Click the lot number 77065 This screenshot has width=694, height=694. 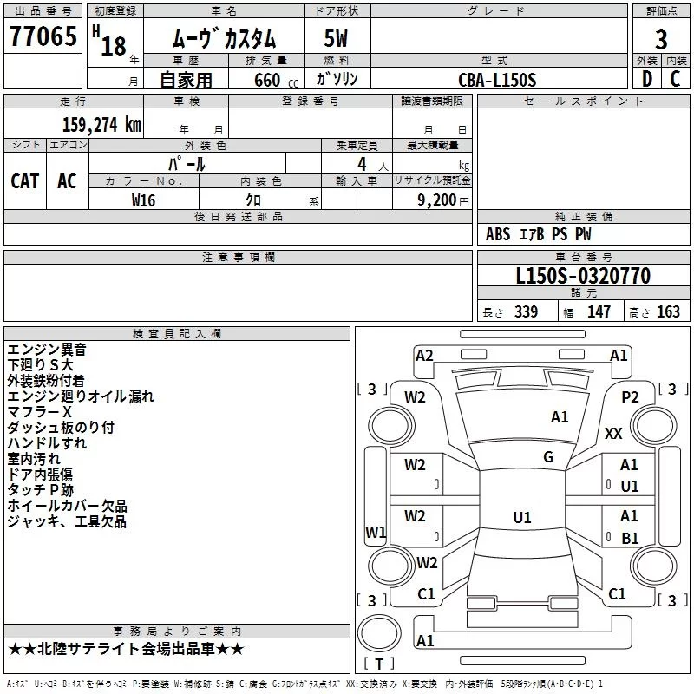coord(43,36)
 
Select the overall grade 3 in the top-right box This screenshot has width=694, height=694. coord(661,40)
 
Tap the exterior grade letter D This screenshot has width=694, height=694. coord(647,79)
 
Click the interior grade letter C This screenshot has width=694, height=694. coord(675,79)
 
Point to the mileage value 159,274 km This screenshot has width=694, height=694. coord(101,125)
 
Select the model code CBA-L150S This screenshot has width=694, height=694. coord(497,80)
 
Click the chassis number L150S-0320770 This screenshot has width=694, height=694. coord(583,276)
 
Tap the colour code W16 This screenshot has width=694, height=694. coord(143,200)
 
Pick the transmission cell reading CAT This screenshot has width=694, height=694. coord(25,181)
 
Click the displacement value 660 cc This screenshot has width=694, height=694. coord(276,81)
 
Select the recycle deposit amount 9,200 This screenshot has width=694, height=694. coord(437,200)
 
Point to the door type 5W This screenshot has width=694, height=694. coord(336,38)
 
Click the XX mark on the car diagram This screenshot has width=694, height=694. coord(613,433)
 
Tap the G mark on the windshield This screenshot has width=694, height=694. coord(548,457)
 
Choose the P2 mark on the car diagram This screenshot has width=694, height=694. coord(630,397)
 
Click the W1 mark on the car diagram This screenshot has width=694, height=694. coord(376,532)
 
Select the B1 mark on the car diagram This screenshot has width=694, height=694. coord(630,538)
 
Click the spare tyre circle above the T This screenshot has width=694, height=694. coord(379,633)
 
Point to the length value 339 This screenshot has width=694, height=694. coord(526,311)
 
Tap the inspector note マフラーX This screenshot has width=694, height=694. coord(39,412)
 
